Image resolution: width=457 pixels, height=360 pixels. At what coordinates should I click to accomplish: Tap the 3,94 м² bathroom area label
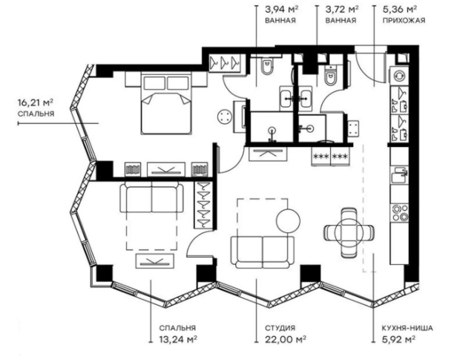279,10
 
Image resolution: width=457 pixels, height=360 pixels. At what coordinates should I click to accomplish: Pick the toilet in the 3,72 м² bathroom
332,74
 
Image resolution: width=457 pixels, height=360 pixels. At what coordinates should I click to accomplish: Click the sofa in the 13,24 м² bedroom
151,199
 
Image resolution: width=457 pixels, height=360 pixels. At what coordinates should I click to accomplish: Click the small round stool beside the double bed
225,115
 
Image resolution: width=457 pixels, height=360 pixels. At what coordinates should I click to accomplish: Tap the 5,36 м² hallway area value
398,10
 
